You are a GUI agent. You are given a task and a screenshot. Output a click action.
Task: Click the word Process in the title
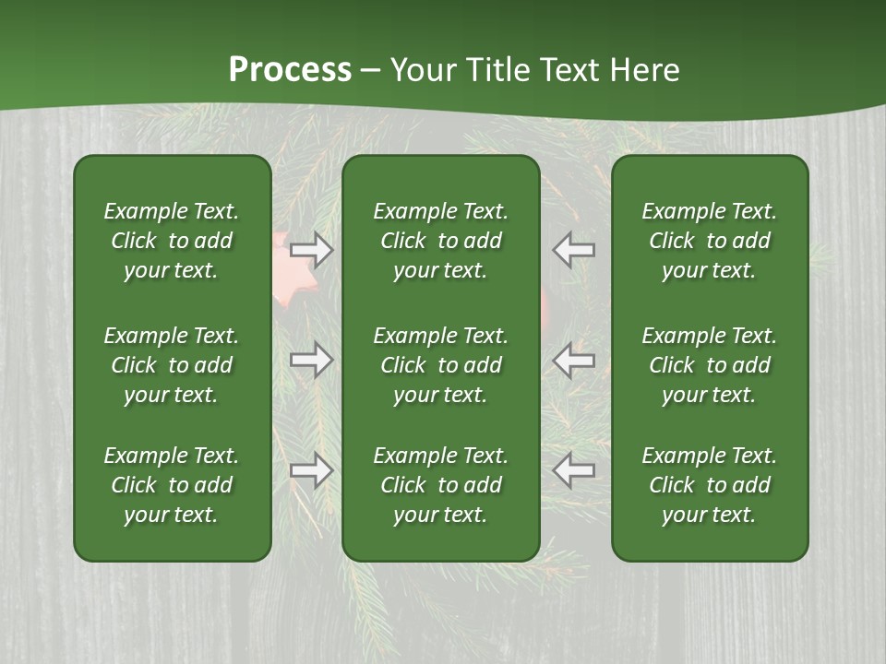pos(290,70)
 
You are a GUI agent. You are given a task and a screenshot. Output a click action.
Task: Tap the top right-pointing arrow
pos(312,249)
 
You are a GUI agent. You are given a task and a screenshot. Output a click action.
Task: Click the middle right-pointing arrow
pos(312,360)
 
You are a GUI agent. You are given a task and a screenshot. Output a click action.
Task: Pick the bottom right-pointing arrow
pos(312,470)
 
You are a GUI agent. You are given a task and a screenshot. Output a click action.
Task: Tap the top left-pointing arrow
pos(573,249)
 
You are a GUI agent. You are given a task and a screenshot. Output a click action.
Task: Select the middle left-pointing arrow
pos(573,360)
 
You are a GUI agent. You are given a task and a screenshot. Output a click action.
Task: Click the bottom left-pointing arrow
pos(573,470)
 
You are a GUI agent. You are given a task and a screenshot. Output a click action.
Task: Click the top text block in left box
pos(172,241)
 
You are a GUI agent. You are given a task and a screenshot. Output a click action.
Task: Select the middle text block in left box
pos(172,365)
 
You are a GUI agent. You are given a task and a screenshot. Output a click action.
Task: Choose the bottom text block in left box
pos(172,485)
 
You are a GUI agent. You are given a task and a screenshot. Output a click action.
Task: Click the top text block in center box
pos(440,241)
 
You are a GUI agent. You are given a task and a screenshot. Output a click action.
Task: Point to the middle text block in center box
pos(440,365)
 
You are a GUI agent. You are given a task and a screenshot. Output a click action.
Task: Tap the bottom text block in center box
pos(440,485)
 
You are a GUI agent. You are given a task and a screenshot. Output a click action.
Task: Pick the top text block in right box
pos(709,241)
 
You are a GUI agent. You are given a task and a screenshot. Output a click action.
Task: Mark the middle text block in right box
pos(709,365)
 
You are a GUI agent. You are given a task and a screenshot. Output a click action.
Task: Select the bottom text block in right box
pos(709,485)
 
